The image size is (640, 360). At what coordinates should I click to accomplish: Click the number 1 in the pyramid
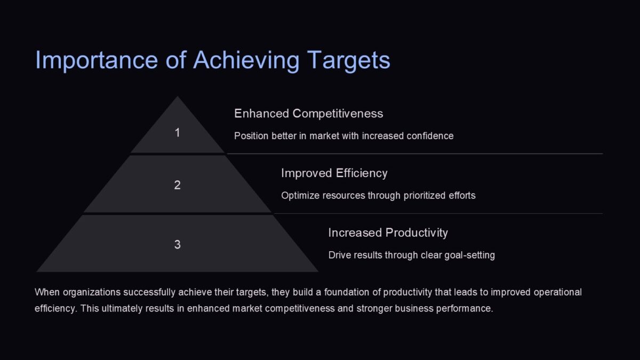[178, 133]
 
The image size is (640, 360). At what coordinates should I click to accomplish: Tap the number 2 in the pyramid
[178, 185]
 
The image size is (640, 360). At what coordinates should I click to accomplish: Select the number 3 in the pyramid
[178, 245]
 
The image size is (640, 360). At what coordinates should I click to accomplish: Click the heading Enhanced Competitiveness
[308, 114]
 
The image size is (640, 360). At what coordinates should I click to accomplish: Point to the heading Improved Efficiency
[334, 173]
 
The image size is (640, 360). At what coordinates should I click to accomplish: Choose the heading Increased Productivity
[388, 233]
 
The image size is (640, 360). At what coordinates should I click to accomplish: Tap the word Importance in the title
[97, 60]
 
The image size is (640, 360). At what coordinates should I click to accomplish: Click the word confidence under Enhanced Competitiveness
[430, 136]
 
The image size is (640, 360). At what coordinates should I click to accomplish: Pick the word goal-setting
[469, 255]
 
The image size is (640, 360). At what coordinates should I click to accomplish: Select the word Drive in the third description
[339, 255]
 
